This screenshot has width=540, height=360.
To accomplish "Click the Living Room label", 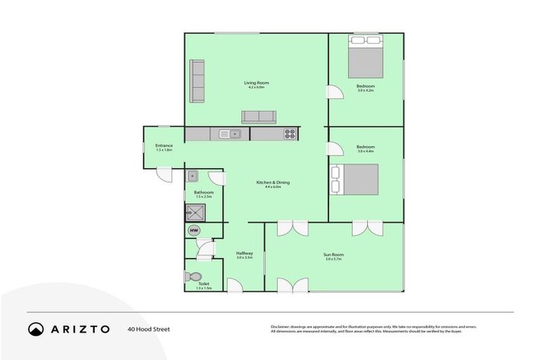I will click(256, 83).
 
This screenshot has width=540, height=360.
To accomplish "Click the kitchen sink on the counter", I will click(230, 134).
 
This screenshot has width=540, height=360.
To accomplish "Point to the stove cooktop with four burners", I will click(289, 134).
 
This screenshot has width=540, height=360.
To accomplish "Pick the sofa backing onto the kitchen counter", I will click(259, 117).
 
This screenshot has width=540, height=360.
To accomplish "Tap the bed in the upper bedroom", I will click(366, 58).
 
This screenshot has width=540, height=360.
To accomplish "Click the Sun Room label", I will click(333, 255).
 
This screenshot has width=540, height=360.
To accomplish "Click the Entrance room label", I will click(164, 146).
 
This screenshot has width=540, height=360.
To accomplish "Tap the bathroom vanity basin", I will click(192, 176).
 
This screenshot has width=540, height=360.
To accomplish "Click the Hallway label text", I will click(244, 253).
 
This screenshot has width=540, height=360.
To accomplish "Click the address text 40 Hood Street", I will click(148, 328).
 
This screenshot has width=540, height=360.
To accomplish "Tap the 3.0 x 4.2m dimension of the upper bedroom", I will click(366, 91).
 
